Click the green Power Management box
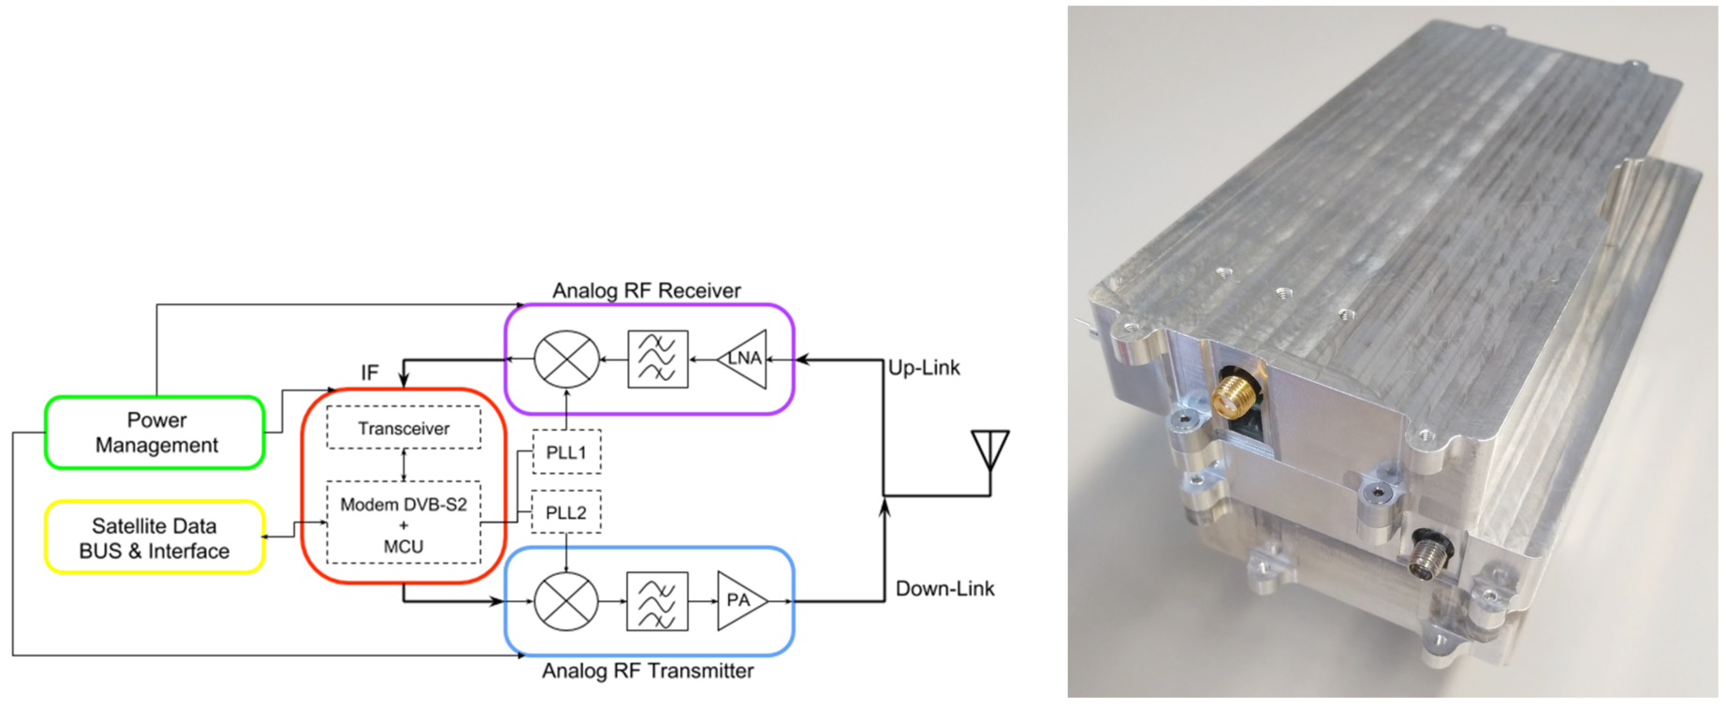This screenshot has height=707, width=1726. tap(155, 433)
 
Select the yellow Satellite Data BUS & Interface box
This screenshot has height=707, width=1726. tap(154, 538)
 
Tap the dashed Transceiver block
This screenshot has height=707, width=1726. tap(403, 428)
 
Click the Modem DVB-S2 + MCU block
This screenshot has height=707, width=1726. tap(403, 523)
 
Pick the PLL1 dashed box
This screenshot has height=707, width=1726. tap(566, 452)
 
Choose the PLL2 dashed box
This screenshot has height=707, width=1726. tap(566, 512)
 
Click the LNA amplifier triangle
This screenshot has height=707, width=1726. tap(743, 359)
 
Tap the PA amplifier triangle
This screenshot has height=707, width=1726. tap(740, 600)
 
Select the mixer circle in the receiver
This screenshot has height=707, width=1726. tap(566, 360)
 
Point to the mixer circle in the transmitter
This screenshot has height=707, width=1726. tap(566, 600)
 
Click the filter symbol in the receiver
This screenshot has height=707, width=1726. tap(658, 360)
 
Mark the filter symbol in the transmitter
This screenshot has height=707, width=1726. tap(657, 600)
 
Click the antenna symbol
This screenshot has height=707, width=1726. tap(990, 450)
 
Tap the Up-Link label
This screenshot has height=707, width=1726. tap(924, 368)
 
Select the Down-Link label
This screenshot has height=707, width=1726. tap(944, 589)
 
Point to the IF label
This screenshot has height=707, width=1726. tap(370, 373)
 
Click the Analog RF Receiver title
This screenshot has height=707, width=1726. tap(646, 290)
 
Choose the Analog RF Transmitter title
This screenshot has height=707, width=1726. tap(648, 671)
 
